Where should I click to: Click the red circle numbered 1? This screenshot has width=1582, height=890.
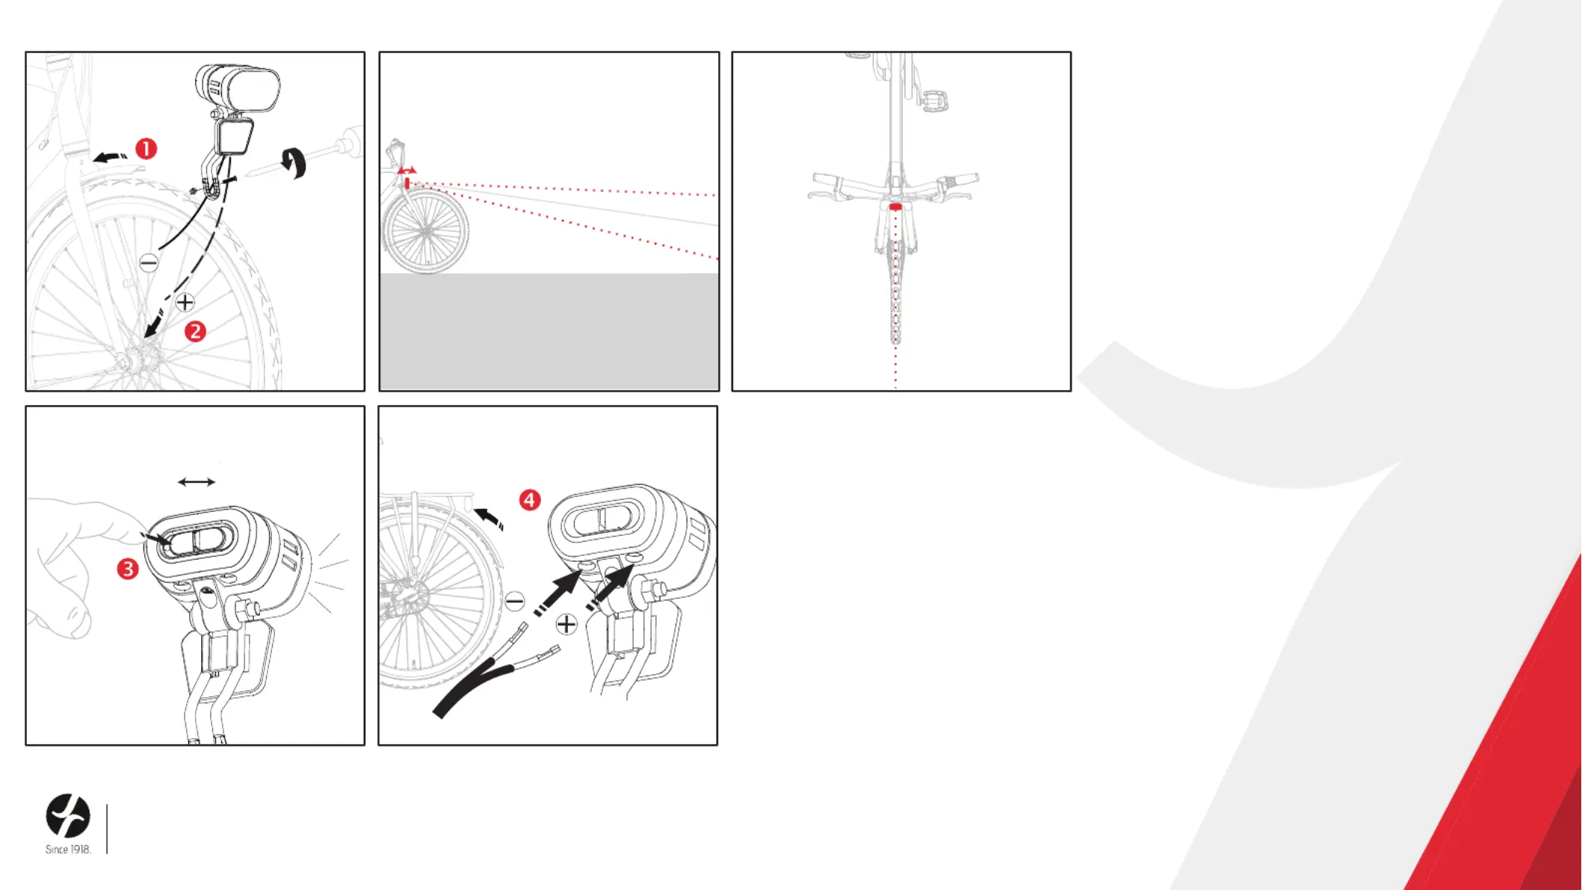click(x=146, y=149)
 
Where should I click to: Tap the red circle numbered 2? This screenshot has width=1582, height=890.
click(x=195, y=331)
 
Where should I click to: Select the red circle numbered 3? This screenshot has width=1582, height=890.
click(x=128, y=569)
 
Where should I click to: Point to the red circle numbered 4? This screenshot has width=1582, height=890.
click(x=530, y=500)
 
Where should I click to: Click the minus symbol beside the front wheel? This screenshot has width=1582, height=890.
click(x=149, y=262)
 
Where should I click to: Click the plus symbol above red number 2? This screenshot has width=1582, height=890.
click(x=185, y=302)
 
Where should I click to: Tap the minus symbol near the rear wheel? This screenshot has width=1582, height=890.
click(x=515, y=601)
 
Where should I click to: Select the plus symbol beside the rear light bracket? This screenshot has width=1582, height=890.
click(x=566, y=624)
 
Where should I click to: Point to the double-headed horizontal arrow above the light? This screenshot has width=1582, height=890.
click(x=197, y=482)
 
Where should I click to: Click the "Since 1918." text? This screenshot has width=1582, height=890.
click(x=68, y=850)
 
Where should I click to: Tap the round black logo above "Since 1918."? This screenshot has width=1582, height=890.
click(x=68, y=815)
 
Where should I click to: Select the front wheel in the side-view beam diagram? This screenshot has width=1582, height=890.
click(x=426, y=231)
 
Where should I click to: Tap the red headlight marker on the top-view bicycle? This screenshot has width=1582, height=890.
click(x=895, y=207)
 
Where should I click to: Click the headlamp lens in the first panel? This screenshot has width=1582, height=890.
click(x=253, y=89)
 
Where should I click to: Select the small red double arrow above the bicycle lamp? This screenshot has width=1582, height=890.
click(x=407, y=171)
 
